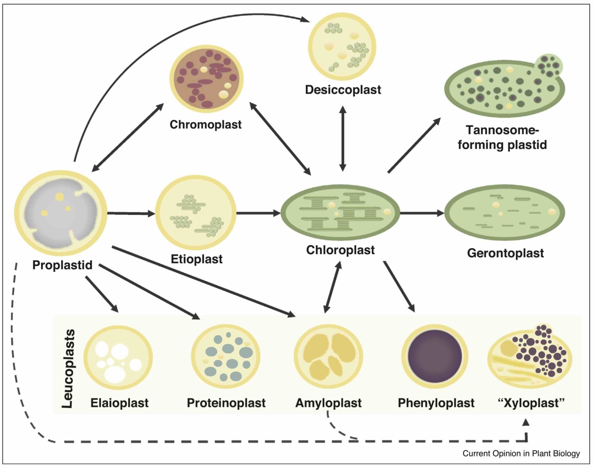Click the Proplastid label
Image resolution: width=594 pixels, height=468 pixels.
coord(62,265)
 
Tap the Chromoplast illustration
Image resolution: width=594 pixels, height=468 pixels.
coord(206,79)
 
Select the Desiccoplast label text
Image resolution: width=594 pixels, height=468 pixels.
coord(343,90)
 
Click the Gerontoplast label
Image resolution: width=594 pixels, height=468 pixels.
coord(505,253)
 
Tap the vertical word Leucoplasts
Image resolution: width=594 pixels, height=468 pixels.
coord(68,368)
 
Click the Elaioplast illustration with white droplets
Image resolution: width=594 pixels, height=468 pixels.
coord(118,357)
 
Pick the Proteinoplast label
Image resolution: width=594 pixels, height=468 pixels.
coord(226,403)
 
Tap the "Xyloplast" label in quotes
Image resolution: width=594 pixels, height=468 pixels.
coord(531,403)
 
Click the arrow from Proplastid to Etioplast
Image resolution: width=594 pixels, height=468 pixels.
coord(131,214)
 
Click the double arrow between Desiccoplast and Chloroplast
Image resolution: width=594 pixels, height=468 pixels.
coord(343,138)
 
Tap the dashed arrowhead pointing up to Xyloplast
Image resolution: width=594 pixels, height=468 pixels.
coord(526,423)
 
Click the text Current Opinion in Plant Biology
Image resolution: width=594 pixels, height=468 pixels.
coord(521,453)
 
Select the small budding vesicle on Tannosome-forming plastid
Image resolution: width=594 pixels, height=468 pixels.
coord(548,65)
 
